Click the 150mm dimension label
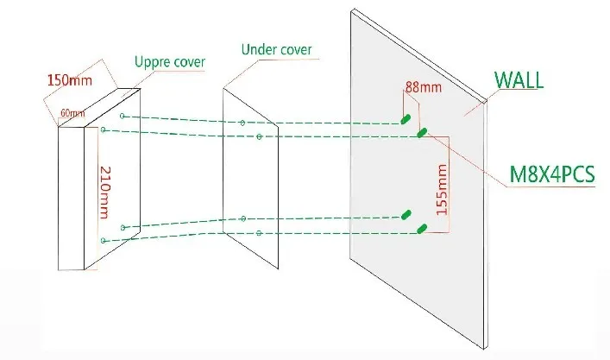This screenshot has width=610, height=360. (x=70, y=80)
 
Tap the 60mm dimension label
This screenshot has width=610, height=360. (x=72, y=113)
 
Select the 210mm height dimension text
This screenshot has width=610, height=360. (x=105, y=193)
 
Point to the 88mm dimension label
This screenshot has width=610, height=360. (x=424, y=87)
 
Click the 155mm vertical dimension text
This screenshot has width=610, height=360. (x=442, y=190)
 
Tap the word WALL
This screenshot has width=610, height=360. (x=519, y=80)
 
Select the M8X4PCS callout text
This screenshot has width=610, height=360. (x=552, y=174)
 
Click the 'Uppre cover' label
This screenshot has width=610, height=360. (x=170, y=62)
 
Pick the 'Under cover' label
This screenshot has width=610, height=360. (x=277, y=49)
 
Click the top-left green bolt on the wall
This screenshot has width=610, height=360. (x=406, y=118)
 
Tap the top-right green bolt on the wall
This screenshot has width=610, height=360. (x=422, y=133)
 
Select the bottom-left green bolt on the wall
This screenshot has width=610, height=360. (x=406, y=214)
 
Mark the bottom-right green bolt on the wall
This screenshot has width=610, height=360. (x=422, y=229)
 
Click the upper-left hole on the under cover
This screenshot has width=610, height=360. (x=242, y=123)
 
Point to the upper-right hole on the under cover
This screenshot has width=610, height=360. (x=259, y=136)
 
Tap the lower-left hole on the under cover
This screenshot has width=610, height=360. (x=243, y=218)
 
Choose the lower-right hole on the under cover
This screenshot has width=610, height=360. (x=259, y=233)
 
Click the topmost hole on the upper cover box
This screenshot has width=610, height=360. (x=123, y=116)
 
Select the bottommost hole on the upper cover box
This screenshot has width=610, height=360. (x=103, y=241)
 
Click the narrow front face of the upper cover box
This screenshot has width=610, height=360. (x=72, y=198)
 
